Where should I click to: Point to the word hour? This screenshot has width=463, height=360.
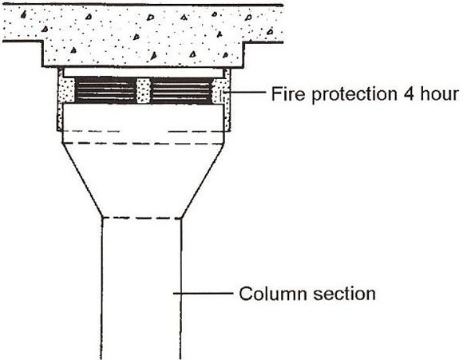(x=439, y=93)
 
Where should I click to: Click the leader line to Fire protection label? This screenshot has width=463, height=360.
(x=245, y=93)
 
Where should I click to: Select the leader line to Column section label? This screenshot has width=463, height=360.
(x=203, y=293)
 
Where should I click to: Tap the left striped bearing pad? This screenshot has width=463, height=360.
(x=105, y=90)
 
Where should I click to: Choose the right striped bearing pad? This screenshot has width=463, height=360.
(x=181, y=90)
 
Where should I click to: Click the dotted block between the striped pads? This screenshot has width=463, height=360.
(x=143, y=91)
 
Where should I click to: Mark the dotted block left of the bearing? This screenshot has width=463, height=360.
(x=68, y=90)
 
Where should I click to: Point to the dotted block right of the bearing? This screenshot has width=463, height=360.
(x=219, y=91)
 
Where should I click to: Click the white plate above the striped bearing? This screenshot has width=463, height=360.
(x=143, y=73)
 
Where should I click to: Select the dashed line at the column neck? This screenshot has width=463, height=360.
(x=142, y=218)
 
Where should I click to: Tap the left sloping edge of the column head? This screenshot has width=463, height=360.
(x=83, y=180)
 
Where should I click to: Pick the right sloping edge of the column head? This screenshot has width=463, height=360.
(x=203, y=180)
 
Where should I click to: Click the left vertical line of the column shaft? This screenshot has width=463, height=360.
(x=101, y=288)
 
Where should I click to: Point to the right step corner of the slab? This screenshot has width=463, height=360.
(x=243, y=42)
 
